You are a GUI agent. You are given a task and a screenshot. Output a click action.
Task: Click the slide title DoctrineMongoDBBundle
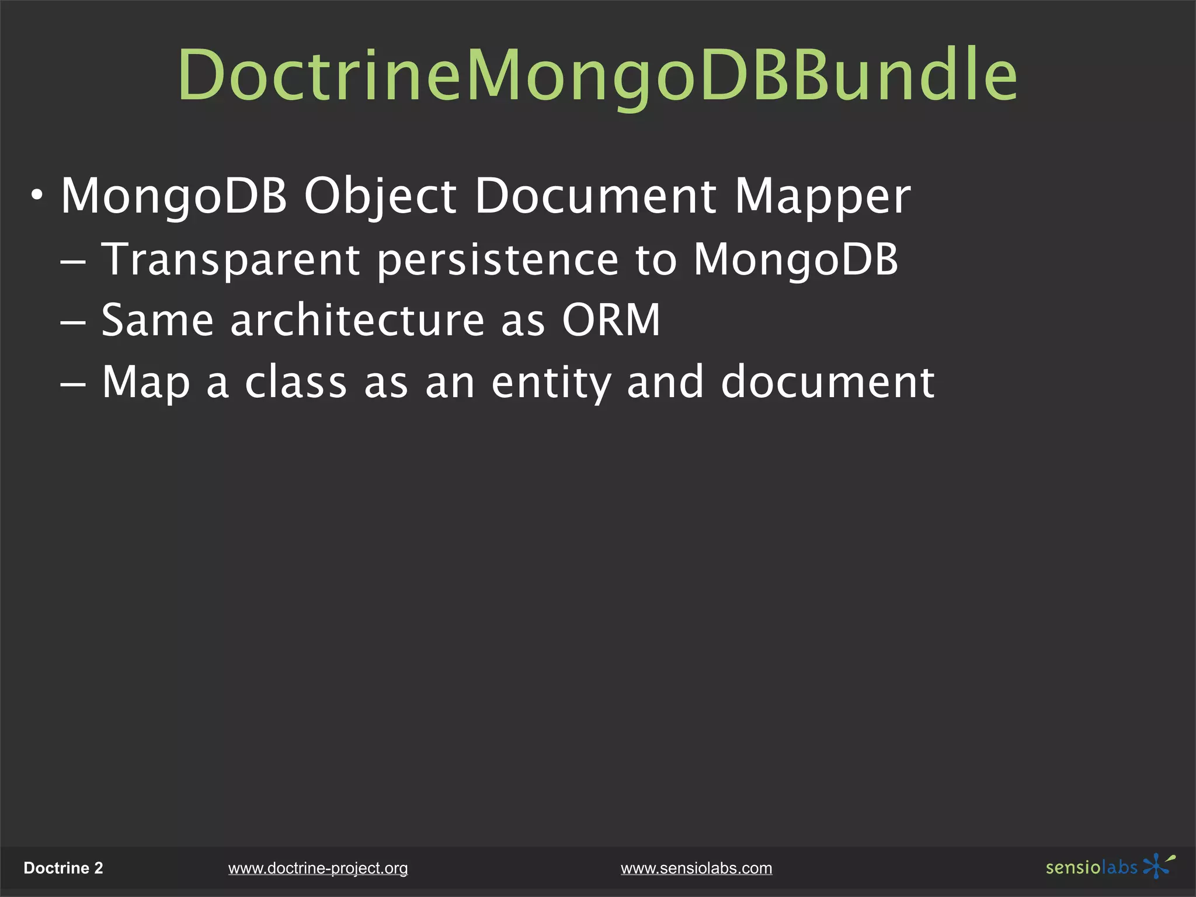[x=597, y=76]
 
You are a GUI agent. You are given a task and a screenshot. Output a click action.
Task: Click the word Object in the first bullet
[x=380, y=197]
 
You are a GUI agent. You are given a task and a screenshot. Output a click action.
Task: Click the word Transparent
[x=231, y=260]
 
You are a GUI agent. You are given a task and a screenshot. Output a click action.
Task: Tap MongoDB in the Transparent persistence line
[x=796, y=260]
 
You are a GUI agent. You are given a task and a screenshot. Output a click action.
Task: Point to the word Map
[x=146, y=383]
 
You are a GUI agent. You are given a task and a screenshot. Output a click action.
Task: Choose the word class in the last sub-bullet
[x=295, y=382]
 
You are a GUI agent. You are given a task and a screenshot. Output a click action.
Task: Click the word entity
[x=551, y=383]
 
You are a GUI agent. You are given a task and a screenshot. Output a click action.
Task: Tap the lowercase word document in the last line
[x=828, y=382]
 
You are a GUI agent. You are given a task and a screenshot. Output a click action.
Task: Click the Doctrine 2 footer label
[x=63, y=868]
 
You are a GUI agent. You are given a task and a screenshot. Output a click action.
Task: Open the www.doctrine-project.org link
[x=318, y=868]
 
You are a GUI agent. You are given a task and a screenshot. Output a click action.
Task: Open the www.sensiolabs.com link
[x=696, y=868]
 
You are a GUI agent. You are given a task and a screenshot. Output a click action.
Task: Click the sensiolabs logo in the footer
[x=1110, y=867]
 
